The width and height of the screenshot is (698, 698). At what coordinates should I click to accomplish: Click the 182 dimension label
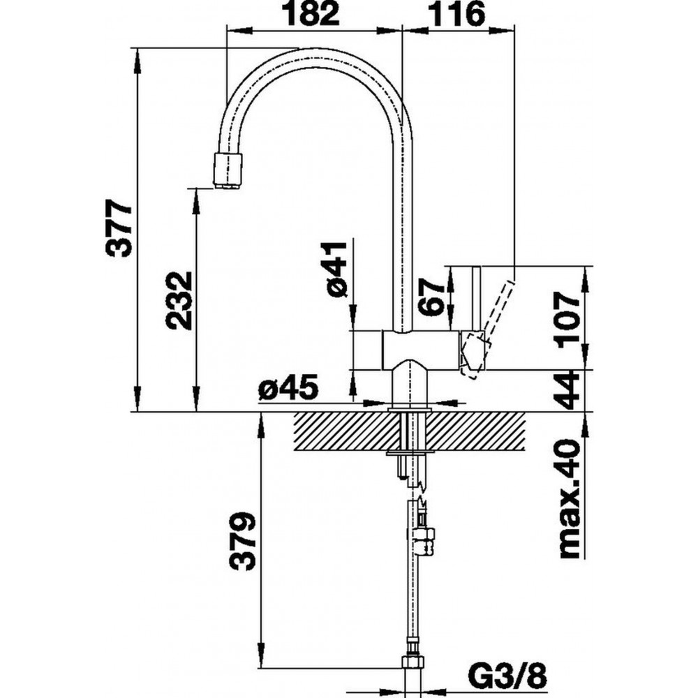pos(312,13)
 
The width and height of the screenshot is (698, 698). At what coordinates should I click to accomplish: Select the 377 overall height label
pos(119,228)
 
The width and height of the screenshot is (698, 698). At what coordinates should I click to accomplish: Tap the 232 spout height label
pos(179,300)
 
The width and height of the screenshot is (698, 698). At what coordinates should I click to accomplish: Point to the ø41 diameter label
pos(336,269)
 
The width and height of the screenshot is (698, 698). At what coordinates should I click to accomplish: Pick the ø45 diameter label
pos(288,387)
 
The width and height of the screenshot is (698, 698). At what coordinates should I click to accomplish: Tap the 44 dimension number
pos(567,392)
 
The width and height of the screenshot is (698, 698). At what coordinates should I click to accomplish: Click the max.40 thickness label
pos(568,498)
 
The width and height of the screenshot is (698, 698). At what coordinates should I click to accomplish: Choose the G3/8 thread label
pos(507,680)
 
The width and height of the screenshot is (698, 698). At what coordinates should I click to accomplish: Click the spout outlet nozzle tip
pos(229,171)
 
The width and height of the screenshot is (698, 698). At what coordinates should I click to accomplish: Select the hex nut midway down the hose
pos(424,540)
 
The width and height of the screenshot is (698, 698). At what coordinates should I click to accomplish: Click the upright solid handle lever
pos(476,299)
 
